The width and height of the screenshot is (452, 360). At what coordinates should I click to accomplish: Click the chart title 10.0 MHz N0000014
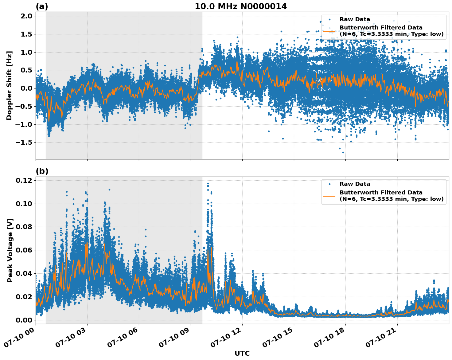241,6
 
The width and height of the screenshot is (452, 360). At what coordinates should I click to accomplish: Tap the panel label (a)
42,6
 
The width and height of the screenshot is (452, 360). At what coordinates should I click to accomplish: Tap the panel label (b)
42,171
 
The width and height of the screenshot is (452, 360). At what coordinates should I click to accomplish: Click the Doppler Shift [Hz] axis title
9,85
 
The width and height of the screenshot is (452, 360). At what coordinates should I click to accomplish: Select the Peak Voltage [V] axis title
10,250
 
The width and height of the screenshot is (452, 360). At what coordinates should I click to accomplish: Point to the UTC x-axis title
242,353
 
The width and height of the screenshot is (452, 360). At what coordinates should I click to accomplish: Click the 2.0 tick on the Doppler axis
26,16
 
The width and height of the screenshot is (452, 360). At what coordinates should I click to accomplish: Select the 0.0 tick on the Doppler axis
26,88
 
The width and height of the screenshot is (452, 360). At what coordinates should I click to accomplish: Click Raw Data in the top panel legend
355,19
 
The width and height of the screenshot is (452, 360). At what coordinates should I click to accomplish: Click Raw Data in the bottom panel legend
355,184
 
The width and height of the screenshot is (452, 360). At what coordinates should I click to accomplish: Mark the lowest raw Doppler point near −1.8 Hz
343,152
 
